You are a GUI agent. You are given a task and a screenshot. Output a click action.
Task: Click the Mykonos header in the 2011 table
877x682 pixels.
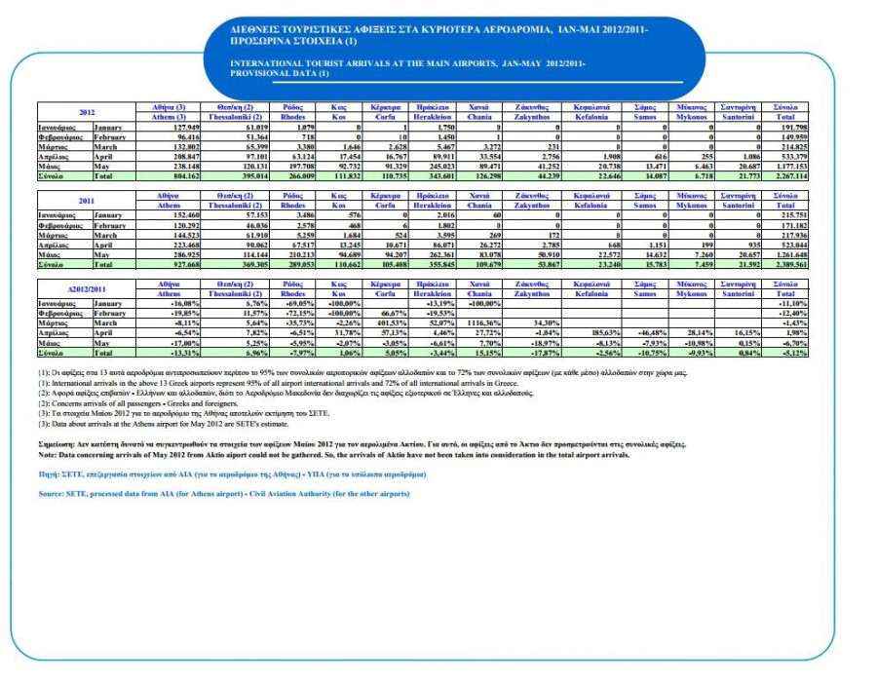pyautogui.click(x=694, y=202)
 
